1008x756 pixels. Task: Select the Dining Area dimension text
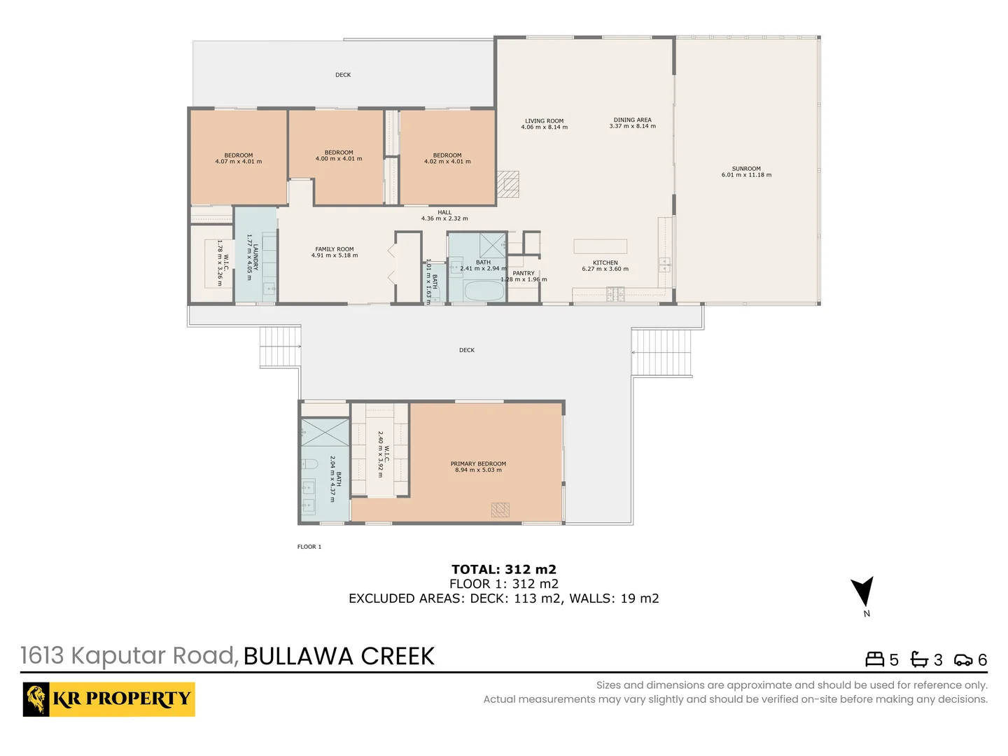pos(632,127)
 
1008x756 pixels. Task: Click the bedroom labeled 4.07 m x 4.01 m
pos(239,158)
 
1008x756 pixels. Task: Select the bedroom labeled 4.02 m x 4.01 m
pos(447,158)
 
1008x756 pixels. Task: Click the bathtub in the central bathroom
pos(484,290)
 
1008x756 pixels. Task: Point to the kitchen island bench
pos(600,246)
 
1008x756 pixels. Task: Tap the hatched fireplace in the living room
pos(508,184)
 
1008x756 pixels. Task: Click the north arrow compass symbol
pos(863,592)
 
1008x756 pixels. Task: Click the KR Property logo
pos(108,699)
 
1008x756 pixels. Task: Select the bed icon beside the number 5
pos(875,659)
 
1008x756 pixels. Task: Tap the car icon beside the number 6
pos(963,660)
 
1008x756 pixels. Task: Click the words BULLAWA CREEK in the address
pos(339,657)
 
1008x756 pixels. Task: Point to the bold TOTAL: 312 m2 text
pos(504,569)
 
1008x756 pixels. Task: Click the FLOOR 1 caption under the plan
pos(309,547)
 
